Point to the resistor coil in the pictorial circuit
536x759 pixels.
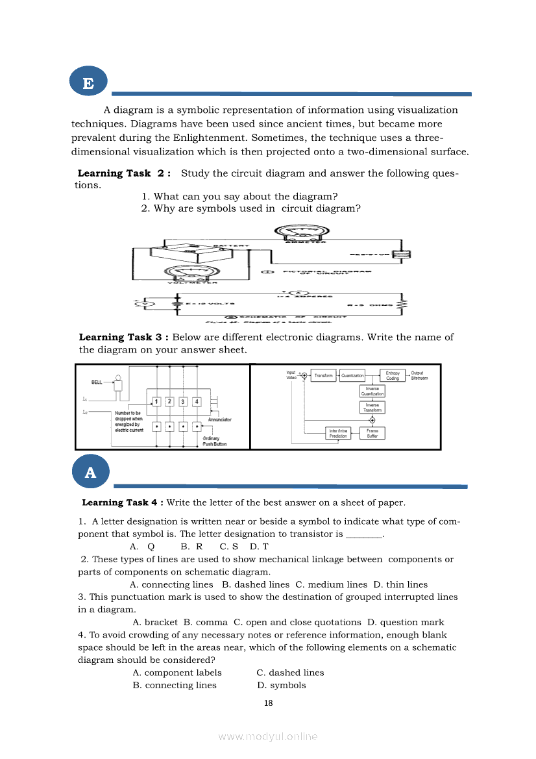406,255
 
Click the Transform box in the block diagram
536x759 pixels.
323,375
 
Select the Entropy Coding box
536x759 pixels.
392,375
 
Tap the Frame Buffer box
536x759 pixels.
372,433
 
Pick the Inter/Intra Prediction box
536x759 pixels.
338,433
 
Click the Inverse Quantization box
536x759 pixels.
372,391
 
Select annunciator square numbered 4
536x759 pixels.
197,402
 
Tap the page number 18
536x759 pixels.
268,703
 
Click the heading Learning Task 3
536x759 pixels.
124,337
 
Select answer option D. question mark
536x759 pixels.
406,622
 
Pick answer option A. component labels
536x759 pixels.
177,673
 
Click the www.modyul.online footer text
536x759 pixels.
268,736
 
